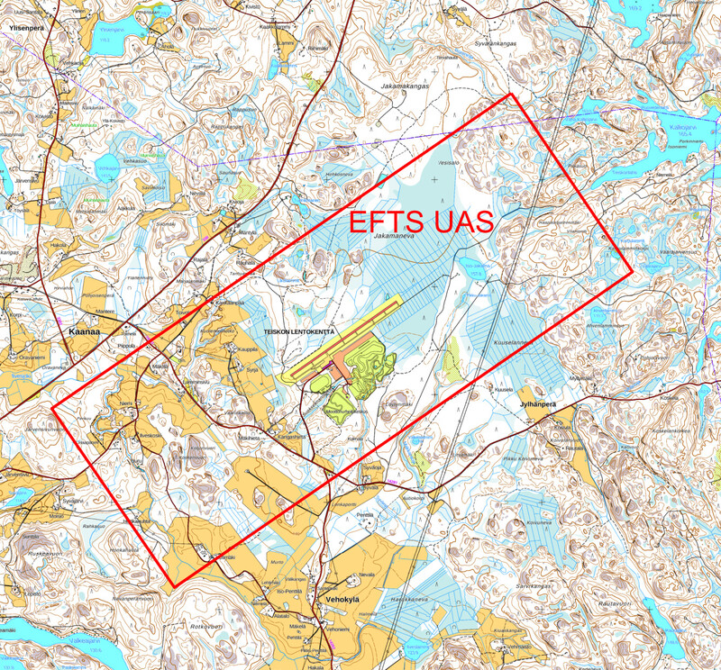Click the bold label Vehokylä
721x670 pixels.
[x=338, y=598]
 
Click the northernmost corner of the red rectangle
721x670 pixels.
[x=511, y=94]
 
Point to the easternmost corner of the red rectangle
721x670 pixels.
[x=633, y=269]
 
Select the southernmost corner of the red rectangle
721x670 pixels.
[x=171, y=587]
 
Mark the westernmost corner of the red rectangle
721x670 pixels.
[x=52, y=407]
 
